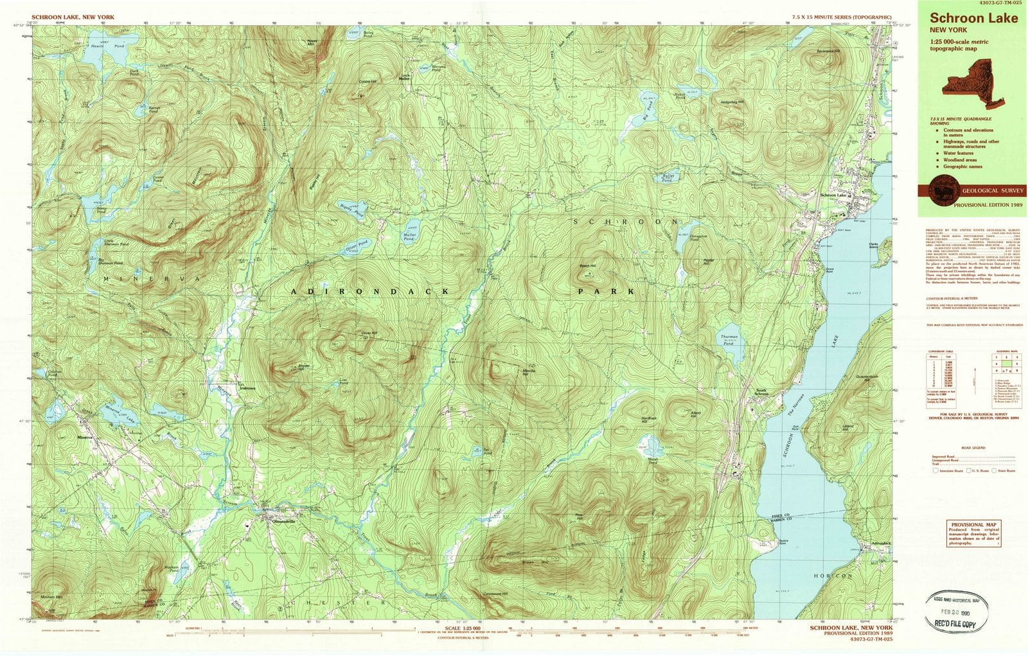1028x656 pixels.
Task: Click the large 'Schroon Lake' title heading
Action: pyautogui.click(x=973, y=18)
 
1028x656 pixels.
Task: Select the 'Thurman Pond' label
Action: pyautogui.click(x=729, y=339)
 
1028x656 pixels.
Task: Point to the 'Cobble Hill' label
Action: pyautogui.click(x=368, y=82)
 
